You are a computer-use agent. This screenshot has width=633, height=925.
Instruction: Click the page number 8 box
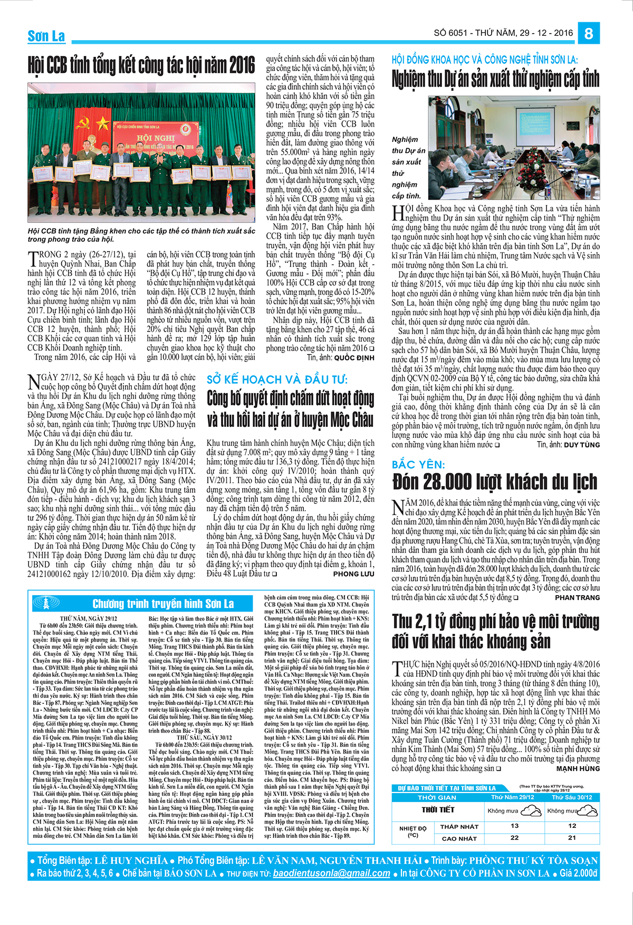pos(589,33)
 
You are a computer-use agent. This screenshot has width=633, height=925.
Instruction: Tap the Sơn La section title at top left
pos(46,36)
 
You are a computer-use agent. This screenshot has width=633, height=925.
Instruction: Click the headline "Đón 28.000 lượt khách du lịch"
pos(494,482)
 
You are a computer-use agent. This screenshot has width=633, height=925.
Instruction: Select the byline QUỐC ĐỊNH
pos(354,358)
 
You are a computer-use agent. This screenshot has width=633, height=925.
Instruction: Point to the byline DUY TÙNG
pos(581,445)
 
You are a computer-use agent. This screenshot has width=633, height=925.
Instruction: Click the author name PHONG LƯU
pos(353,574)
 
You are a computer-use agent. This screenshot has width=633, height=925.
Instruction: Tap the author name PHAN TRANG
pos(577,597)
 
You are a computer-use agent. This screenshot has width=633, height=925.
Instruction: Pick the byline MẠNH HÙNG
pos(578,768)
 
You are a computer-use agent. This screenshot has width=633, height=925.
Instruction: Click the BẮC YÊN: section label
pos(418,465)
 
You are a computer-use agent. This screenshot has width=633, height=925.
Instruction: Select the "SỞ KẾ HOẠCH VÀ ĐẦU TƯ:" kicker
pos(277,379)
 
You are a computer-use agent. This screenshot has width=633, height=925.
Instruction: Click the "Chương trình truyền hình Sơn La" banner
pos(163,603)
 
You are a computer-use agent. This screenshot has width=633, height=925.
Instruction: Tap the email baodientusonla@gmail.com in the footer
pos(331,873)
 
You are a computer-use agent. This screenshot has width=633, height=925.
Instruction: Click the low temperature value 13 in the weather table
pos(515,826)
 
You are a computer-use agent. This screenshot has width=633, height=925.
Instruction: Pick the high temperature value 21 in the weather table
pos(572,837)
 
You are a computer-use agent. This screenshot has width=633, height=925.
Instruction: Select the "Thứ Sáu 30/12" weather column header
pos(572,797)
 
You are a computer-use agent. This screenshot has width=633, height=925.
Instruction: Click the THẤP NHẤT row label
pos(459,826)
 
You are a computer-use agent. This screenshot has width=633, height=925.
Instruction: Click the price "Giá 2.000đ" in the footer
pos(578,873)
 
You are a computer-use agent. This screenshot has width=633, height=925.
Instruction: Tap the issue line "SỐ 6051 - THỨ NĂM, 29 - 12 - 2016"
pos(503,33)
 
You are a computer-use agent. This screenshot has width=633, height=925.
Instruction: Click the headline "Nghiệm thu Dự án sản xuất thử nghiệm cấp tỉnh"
pos(495,79)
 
